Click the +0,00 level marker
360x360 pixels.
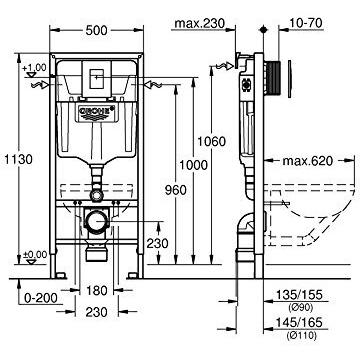tap(36, 254)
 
